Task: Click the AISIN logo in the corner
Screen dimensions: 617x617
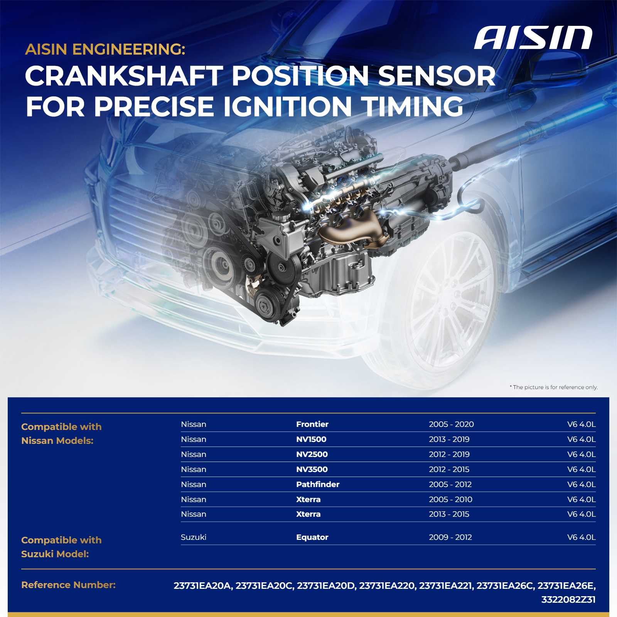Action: (533, 38)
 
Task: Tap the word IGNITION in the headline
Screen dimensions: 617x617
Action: (288, 106)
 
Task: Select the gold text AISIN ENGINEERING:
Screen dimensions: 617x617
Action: (105, 49)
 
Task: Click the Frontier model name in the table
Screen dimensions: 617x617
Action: (312, 424)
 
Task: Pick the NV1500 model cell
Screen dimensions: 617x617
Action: (311, 439)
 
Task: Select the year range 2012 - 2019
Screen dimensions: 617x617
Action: (449, 454)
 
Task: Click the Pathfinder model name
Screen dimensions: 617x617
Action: (318, 484)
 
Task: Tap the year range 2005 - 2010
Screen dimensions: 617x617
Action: (450, 499)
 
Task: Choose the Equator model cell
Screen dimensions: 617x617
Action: (312, 537)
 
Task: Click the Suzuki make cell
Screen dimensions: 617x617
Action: (194, 537)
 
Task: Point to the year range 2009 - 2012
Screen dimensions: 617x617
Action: (450, 537)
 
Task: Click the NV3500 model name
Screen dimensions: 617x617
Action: (312, 469)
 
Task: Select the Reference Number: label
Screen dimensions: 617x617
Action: (68, 585)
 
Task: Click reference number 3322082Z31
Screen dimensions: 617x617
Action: (568, 600)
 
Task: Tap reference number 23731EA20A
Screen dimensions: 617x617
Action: (202, 586)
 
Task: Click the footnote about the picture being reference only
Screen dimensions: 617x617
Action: (554, 387)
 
